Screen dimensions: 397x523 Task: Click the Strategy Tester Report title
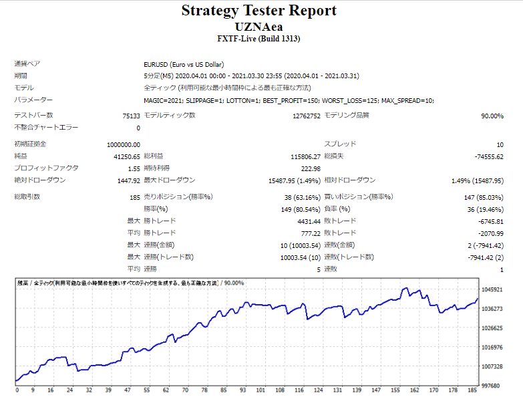tap(259, 11)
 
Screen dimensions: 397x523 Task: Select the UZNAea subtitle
tap(258, 26)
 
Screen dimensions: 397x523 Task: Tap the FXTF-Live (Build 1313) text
tap(258, 39)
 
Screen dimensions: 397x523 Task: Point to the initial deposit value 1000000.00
tap(123, 144)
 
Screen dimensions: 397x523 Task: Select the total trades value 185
tap(134, 197)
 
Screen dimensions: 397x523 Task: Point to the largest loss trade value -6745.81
tap(488, 221)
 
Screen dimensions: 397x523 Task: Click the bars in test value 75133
tap(131, 116)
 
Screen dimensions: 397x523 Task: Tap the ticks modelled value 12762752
tap(306, 116)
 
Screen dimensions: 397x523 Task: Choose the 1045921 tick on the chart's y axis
tap(496, 290)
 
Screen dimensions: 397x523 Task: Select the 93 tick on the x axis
tap(243, 390)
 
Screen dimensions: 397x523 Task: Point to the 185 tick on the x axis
tap(472, 390)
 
